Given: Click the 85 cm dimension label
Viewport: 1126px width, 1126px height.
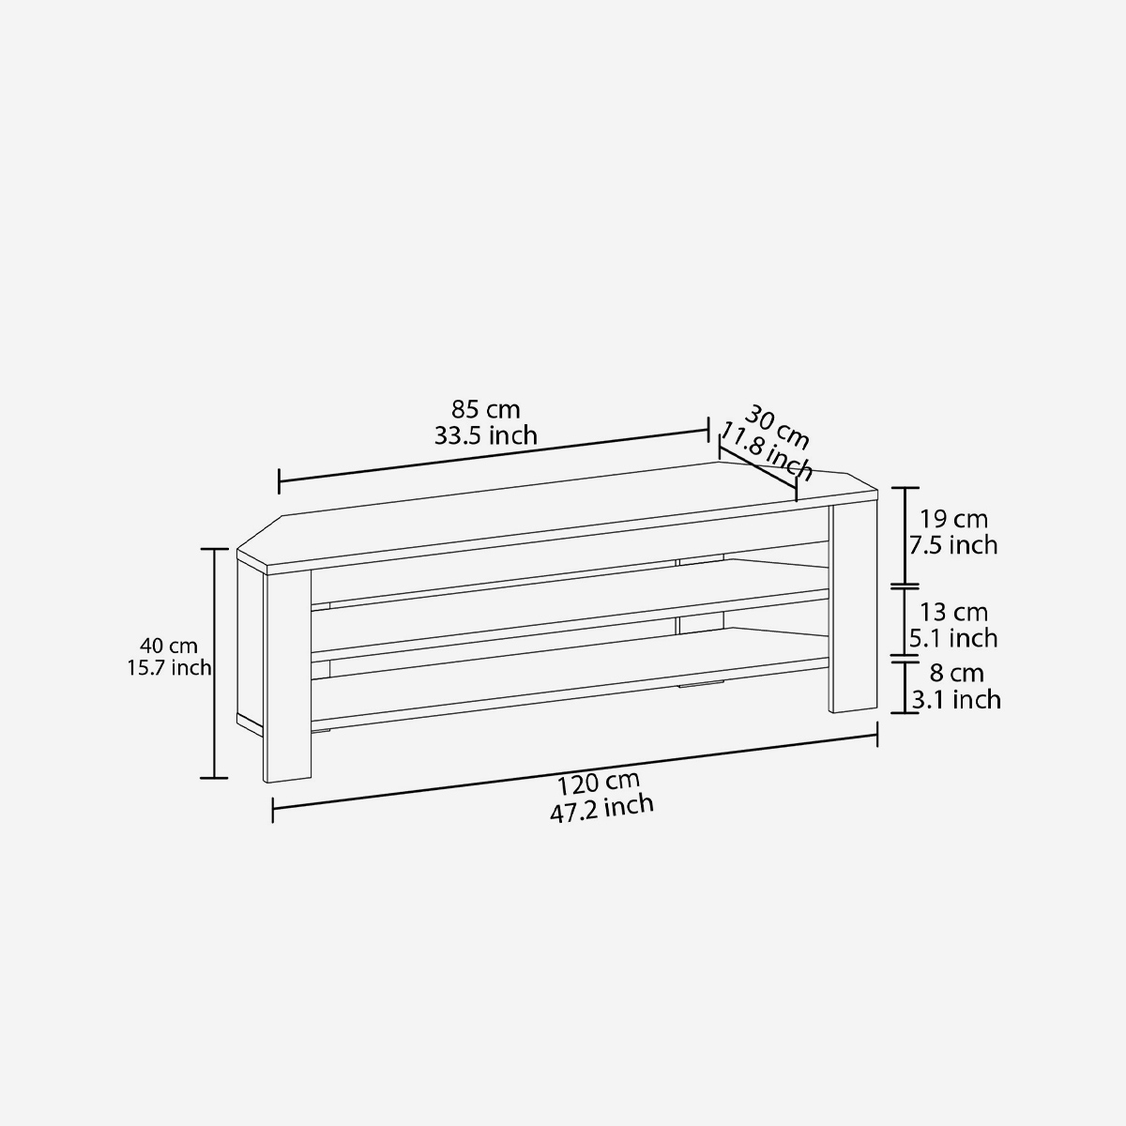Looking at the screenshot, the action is pyautogui.click(x=485, y=410).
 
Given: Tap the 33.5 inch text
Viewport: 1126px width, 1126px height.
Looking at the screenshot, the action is pyautogui.click(x=485, y=436).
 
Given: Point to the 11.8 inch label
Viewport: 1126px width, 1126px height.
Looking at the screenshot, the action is pyautogui.click(x=765, y=454).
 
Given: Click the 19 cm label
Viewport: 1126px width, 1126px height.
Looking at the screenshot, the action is pyautogui.click(x=953, y=519).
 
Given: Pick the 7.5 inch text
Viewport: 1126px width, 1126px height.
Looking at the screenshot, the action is pyautogui.click(x=953, y=545).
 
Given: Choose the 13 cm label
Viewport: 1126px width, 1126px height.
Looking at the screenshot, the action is pyautogui.click(x=953, y=612).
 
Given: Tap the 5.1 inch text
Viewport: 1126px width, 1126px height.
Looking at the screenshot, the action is pyautogui.click(x=953, y=638).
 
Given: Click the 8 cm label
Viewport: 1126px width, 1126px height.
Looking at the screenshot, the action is pyautogui.click(x=956, y=673).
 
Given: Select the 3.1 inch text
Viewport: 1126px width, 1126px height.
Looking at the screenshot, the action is pyautogui.click(x=956, y=699).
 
